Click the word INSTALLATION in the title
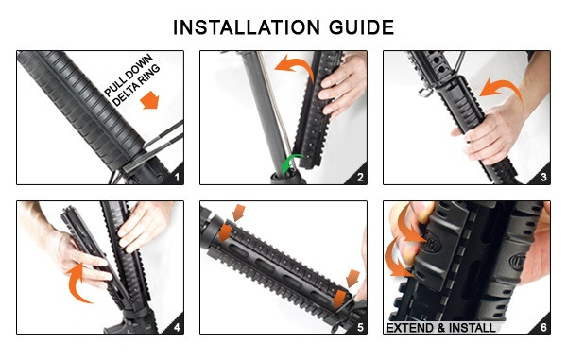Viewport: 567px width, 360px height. [247, 27]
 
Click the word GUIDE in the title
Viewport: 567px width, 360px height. [361, 27]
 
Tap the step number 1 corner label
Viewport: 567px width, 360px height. [177, 177]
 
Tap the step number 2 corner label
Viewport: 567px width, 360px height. [360, 177]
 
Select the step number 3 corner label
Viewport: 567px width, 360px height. [543, 177]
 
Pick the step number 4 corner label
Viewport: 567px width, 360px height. [177, 328]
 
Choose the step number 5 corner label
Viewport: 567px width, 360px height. [360, 328]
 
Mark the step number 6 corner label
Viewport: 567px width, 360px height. [543, 328]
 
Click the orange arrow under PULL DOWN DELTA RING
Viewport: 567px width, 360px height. [149, 100]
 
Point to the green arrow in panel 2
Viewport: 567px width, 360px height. [291, 163]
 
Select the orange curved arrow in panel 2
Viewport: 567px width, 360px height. [295, 66]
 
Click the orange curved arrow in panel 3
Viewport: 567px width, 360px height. [501, 86]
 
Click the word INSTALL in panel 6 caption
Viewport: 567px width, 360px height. [472, 328]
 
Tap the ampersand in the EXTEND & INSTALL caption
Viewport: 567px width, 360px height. [440, 328]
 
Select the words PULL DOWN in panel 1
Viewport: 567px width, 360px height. [128, 76]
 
